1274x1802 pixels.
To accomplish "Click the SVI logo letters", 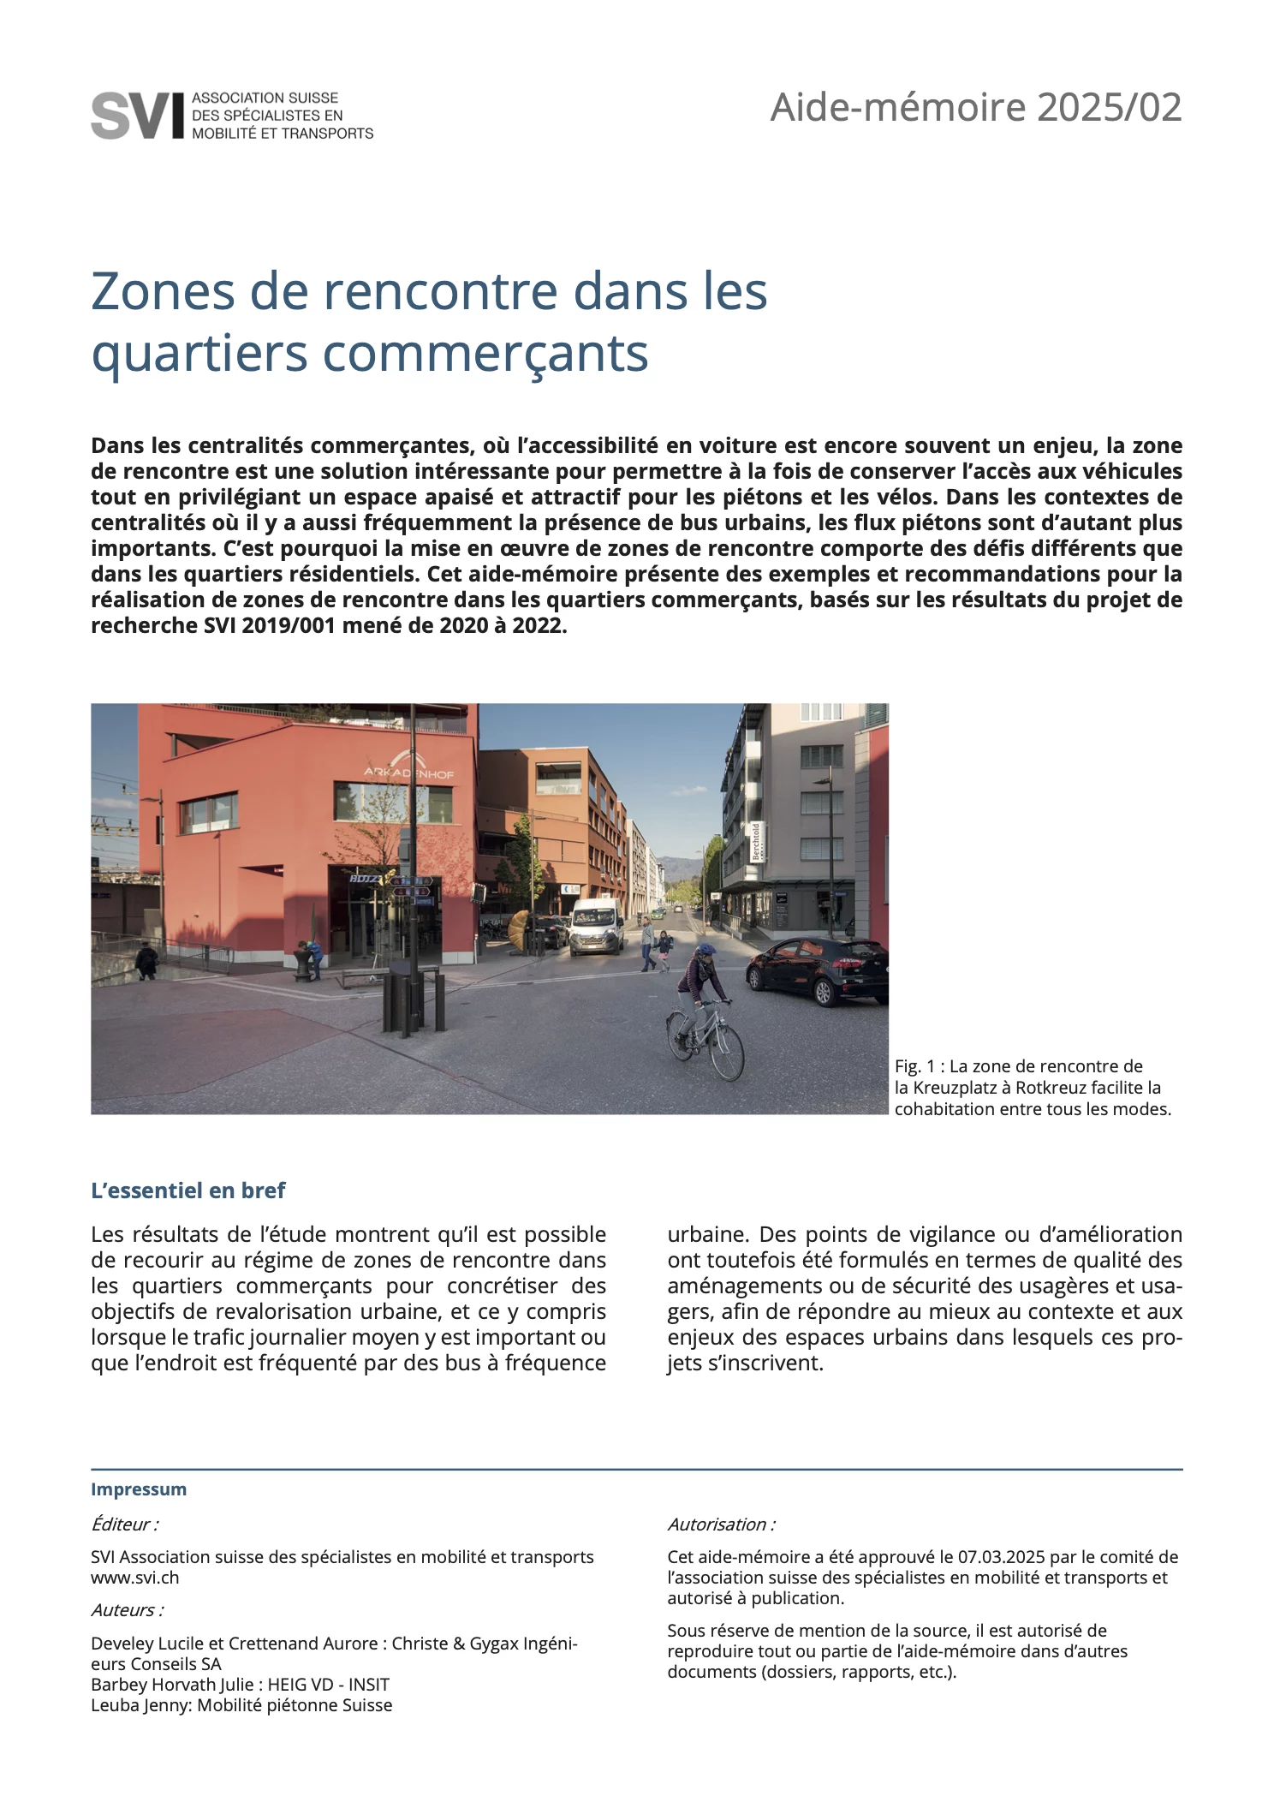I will tap(137, 115).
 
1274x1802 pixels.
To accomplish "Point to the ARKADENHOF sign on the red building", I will tap(408, 772).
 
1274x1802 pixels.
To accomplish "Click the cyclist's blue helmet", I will tap(705, 951).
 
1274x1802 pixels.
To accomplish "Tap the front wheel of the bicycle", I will tap(727, 1053).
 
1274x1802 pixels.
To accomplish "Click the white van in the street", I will tap(596, 925).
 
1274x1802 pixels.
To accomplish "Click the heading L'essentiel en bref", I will tap(188, 1190).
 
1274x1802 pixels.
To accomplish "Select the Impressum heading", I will tap(139, 1489).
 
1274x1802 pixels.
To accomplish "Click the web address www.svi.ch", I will tap(135, 1577).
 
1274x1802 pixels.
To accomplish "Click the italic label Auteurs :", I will tap(128, 1609).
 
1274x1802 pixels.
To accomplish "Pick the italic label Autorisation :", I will tap(721, 1524).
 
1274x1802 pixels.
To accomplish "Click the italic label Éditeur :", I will tap(124, 1524).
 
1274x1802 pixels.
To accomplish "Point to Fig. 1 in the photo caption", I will tap(918, 1066).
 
